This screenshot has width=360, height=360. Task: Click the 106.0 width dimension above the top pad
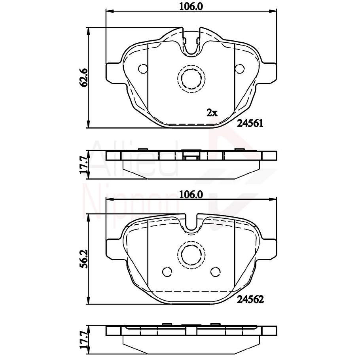tap(191, 6)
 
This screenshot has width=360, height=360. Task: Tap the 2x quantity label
tap(212, 113)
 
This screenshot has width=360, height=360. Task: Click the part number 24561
tap(250, 123)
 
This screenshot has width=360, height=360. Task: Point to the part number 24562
tap(250, 299)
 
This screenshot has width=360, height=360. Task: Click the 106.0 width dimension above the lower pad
tap(191, 195)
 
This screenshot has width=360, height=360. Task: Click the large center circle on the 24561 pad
tap(191, 77)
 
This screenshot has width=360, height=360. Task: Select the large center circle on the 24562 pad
tap(191, 254)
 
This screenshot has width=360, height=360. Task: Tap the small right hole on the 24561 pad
tap(240, 69)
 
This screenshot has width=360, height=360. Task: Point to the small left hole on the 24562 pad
tap(167, 272)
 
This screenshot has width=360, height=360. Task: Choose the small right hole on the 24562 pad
tap(215, 272)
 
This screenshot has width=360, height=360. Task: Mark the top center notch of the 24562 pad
tap(191, 224)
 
